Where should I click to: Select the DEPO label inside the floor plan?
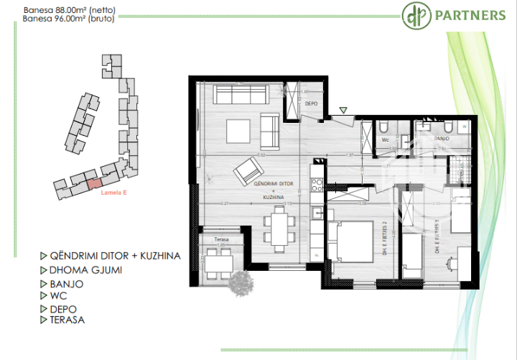point(311,103)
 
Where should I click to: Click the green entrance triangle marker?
point(343,110)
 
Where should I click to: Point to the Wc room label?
point(385,140)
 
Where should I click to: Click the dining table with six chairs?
point(277,228)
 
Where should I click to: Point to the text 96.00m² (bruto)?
point(90,21)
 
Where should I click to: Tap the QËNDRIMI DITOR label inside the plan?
point(265,184)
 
